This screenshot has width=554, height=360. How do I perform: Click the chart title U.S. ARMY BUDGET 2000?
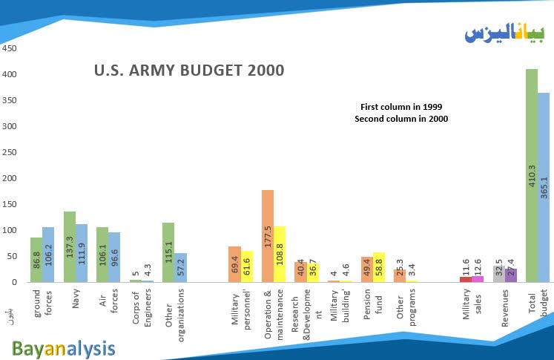(x=189, y=71)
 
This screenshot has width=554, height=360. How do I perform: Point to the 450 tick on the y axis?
(x=9, y=49)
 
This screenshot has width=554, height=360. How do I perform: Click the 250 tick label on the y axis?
(x=9, y=152)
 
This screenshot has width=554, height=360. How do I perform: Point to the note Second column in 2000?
(x=400, y=119)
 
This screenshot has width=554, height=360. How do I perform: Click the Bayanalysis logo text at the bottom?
(x=63, y=347)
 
